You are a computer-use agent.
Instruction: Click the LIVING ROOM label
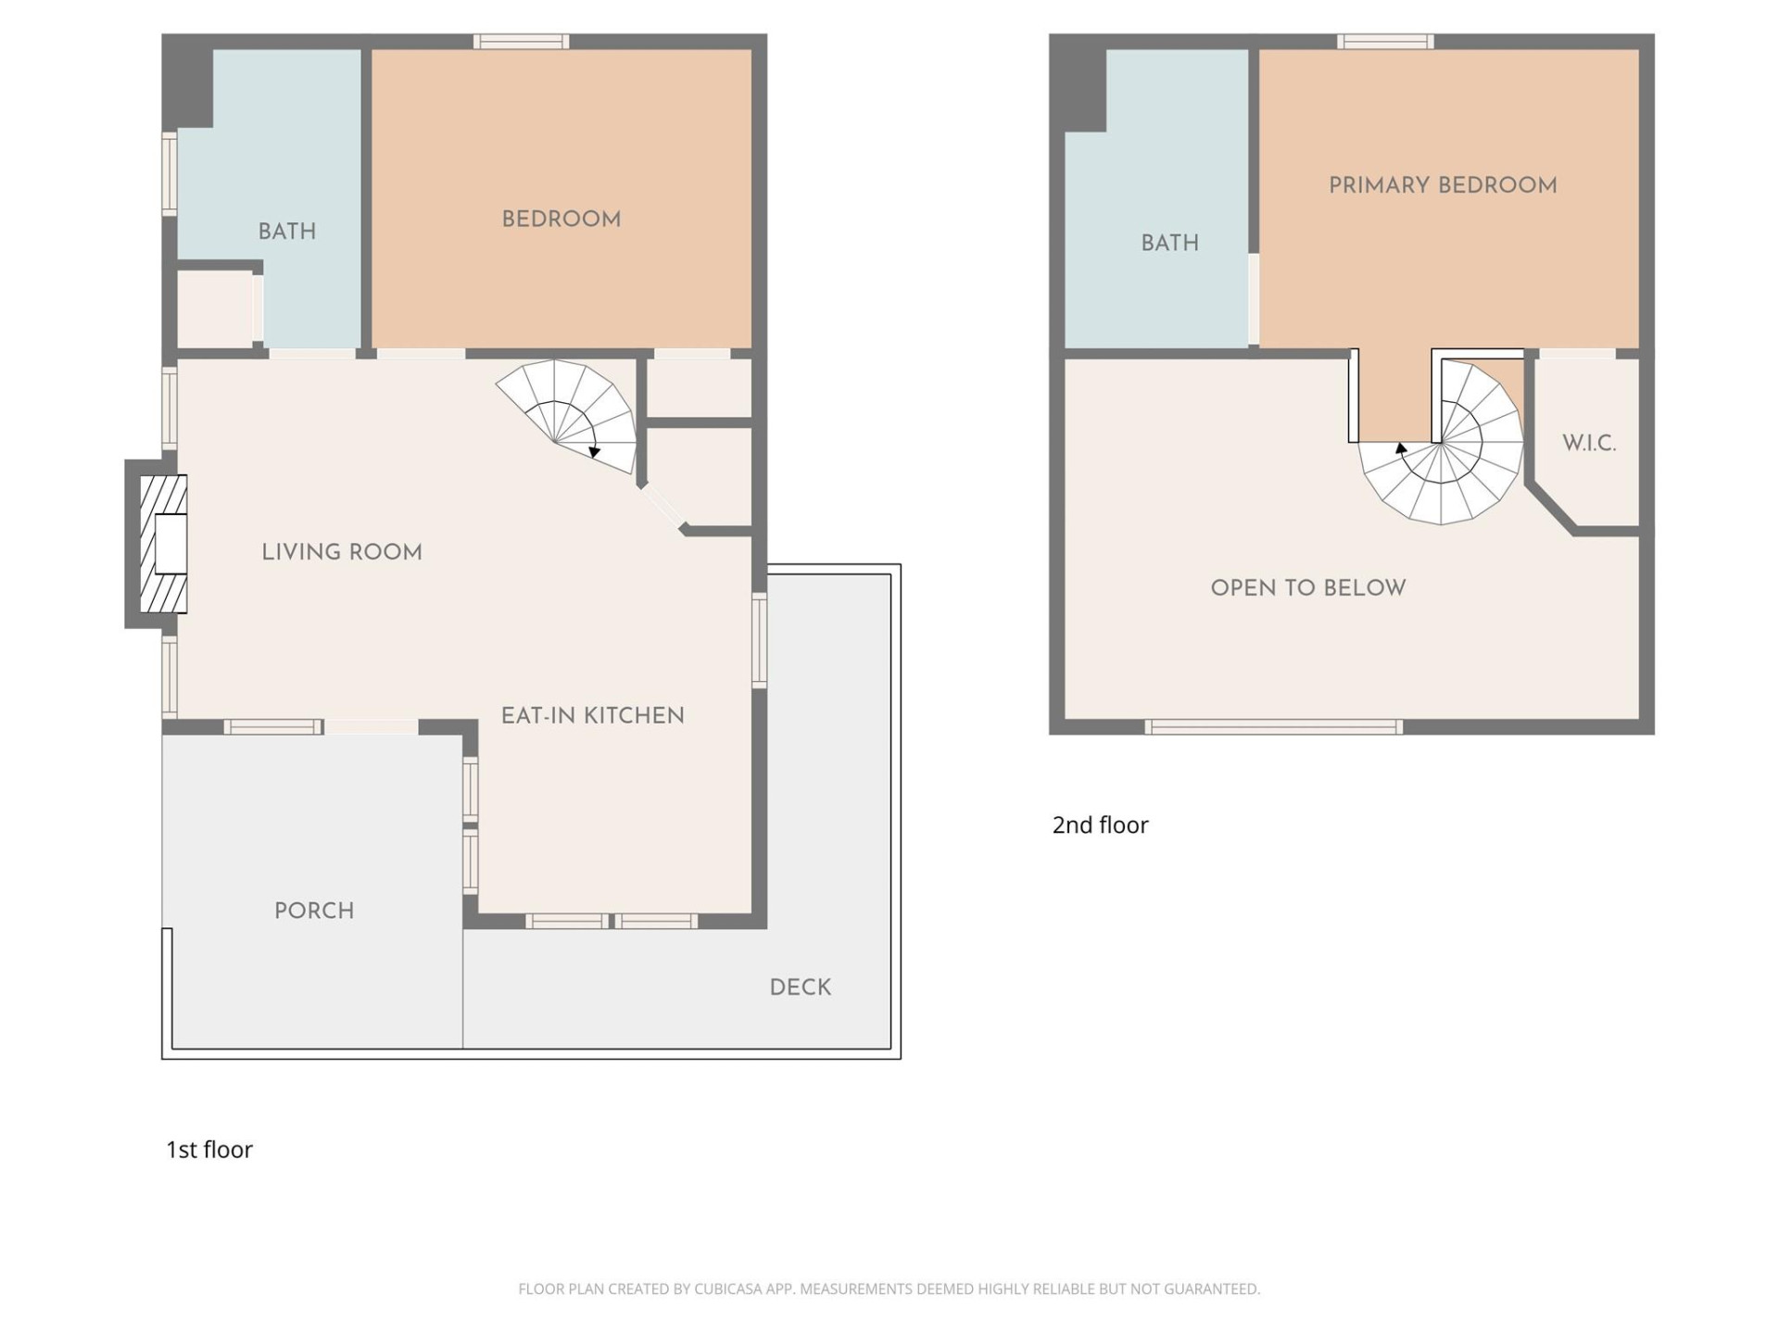coord(341,552)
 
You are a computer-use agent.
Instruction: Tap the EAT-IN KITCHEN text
coord(592,716)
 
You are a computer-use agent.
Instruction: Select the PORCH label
coord(314,911)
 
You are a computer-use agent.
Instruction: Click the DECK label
coord(800,988)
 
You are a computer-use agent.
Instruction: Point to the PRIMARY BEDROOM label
coord(1442,185)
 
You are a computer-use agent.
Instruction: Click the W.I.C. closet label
coord(1588,443)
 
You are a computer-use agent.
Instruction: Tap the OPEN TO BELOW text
coord(1307,588)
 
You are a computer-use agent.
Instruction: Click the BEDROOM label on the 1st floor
coord(561,220)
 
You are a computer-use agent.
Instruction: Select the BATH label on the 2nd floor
coord(1169,243)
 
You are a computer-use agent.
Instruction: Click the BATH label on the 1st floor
coord(286,232)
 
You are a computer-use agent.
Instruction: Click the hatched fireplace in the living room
coord(163,544)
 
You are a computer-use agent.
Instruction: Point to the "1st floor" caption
coord(208,1150)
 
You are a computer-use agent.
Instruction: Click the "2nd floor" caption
coord(1100,825)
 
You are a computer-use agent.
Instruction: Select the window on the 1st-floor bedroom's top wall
coord(521,42)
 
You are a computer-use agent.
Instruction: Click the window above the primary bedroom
coord(1385,42)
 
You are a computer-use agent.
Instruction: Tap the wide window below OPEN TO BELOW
coord(1273,727)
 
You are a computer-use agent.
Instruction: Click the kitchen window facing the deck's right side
coord(759,640)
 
